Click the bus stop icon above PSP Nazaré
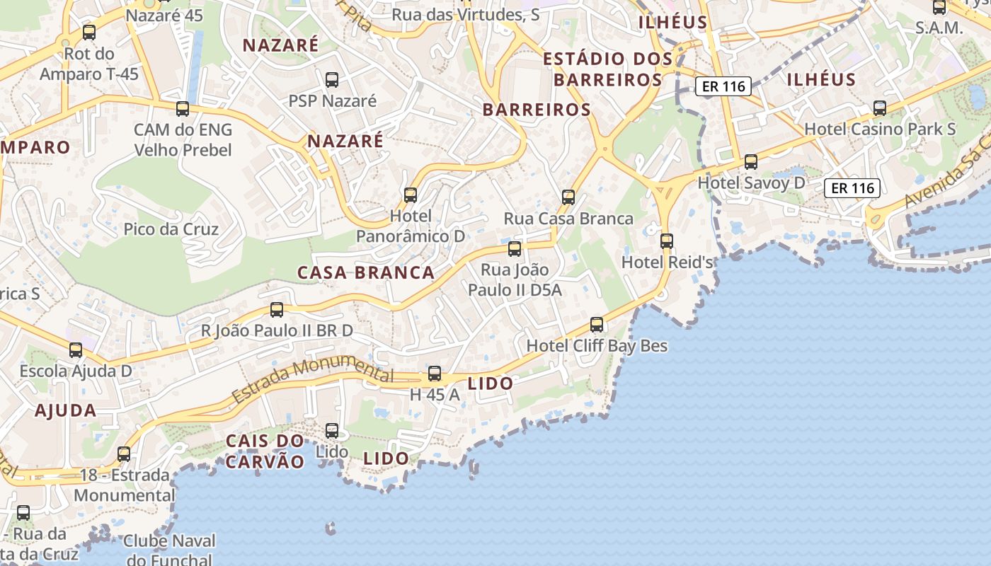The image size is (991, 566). click(331, 80)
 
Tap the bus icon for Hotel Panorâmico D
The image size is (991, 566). click(410, 195)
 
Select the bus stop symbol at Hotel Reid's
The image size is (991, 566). click(666, 241)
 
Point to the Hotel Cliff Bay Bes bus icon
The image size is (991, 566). click(597, 325)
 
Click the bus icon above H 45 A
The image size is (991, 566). click(435, 374)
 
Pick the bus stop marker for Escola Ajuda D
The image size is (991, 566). click(76, 350)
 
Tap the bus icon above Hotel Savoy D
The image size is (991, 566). click(751, 162)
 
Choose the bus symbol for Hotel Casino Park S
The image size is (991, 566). click(880, 108)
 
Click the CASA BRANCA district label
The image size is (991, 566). click(366, 272)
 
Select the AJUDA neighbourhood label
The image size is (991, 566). click(66, 410)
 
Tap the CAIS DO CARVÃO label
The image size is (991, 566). click(265, 451)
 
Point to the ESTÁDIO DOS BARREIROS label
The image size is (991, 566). click(607, 69)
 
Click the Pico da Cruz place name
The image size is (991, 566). click(171, 229)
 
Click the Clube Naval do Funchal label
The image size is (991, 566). click(168, 550)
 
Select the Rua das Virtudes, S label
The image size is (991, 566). click(466, 14)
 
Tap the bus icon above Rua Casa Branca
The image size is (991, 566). click(568, 197)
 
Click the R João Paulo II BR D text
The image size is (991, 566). click(277, 330)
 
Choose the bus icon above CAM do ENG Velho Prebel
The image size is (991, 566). click(183, 109)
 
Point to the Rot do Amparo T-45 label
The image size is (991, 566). click(89, 64)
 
